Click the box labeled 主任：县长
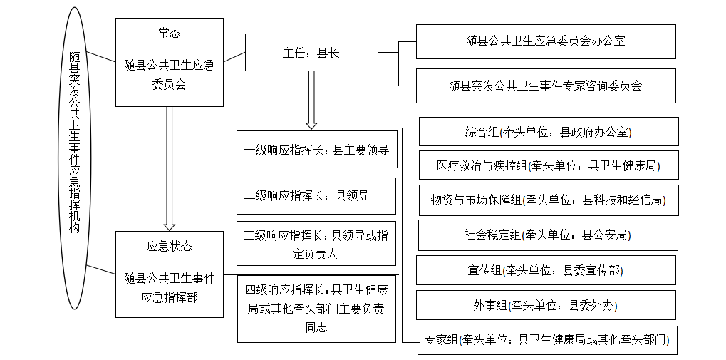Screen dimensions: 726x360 pos(311,52)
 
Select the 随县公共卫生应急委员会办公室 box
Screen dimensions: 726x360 pos(546,41)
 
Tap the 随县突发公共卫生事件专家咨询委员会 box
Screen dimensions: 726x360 pos(546,86)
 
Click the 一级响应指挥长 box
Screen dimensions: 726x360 pos(317,149)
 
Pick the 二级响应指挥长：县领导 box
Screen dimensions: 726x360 pos(316,196)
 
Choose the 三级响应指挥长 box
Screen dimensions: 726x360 pos(316,244)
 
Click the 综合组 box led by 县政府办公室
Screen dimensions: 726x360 pos(549,132)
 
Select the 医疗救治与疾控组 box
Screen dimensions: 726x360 pos(549,165)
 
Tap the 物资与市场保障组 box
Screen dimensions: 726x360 pos(549,200)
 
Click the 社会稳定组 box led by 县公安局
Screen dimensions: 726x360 pos(548,235)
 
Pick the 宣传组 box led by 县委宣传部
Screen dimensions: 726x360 pos(546,270)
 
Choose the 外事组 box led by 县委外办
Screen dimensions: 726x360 pos(546,305)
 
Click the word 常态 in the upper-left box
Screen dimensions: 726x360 pos(169,33)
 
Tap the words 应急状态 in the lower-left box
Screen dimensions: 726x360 pos(169,246)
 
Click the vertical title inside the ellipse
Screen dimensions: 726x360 pos(74,143)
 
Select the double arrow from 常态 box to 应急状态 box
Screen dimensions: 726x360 pos(170,169)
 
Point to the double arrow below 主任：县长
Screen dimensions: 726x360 pos(311,100)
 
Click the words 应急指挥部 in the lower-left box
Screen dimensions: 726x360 pos(169,297)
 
